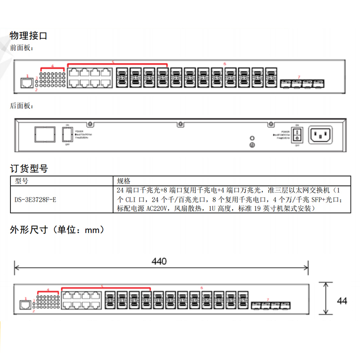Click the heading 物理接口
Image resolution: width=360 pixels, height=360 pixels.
tap(28, 35)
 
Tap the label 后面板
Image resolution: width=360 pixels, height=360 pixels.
tap(22, 106)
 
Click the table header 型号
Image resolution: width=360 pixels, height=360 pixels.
tap(21, 181)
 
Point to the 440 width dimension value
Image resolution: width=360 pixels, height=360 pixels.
tap(159, 261)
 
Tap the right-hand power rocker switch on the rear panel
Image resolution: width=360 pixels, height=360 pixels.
tap(297, 134)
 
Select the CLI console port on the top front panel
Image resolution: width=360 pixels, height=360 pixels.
tap(27, 83)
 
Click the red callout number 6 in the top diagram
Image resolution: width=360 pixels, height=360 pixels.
tap(224, 64)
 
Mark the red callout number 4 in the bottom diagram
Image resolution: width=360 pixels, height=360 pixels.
tap(48, 290)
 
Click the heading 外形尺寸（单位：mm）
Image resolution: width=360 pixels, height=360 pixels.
tap(58, 230)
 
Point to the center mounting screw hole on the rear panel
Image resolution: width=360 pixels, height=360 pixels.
tap(180, 123)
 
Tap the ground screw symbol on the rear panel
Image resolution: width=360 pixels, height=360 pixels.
tap(252, 145)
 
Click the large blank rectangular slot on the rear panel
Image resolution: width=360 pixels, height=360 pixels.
tap(45, 134)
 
